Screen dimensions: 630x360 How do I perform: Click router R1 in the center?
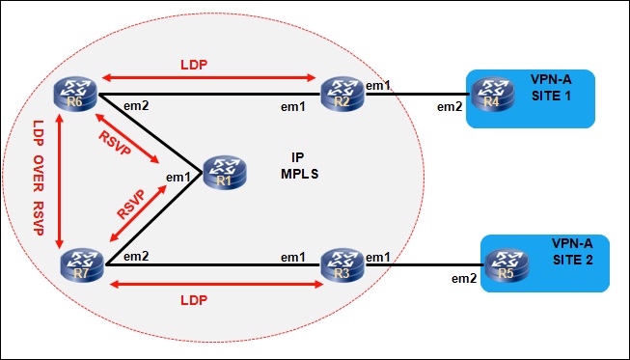(x=224, y=174)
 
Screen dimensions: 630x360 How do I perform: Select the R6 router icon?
(x=75, y=95)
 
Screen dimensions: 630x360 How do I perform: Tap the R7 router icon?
(x=82, y=265)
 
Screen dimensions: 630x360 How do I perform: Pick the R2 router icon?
(x=342, y=95)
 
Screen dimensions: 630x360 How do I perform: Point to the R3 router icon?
(x=342, y=264)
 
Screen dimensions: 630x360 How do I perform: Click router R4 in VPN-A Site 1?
(x=492, y=95)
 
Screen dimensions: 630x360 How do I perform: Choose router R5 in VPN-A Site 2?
(x=507, y=265)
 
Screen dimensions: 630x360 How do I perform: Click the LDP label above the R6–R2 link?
(x=194, y=65)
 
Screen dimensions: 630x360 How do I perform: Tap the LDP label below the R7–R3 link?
(x=194, y=300)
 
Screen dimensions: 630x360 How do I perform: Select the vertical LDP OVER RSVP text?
(x=39, y=178)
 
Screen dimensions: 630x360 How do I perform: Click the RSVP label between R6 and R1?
(x=116, y=144)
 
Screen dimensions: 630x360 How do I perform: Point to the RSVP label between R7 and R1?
(x=131, y=205)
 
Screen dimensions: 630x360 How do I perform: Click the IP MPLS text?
(x=300, y=166)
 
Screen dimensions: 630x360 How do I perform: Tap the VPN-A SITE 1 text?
(x=551, y=88)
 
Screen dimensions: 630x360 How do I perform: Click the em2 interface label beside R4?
(x=450, y=107)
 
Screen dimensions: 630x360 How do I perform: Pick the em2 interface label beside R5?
(x=464, y=278)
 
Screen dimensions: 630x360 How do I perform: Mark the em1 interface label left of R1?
(x=178, y=177)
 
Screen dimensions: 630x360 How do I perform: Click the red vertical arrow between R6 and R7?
(x=60, y=181)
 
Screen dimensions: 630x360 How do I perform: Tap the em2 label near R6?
(x=136, y=106)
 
